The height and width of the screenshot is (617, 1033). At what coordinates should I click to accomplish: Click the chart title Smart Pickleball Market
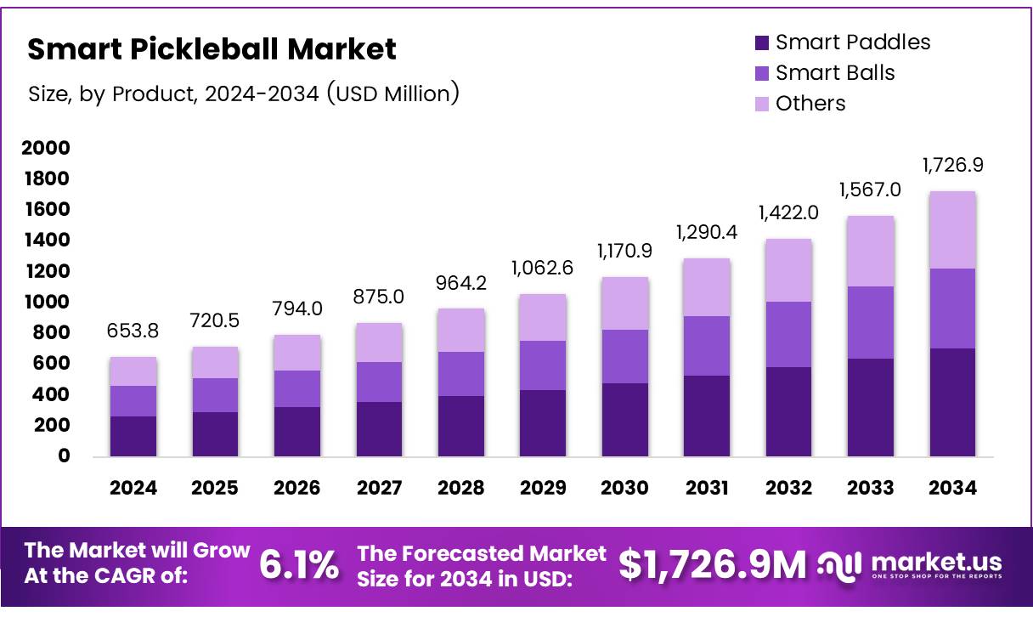click(212, 49)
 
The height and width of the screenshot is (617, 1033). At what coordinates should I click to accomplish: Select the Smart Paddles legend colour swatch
click(762, 42)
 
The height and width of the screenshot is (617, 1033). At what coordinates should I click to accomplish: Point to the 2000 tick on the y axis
click(46, 149)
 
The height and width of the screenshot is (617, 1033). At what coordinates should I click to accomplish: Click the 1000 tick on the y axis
click(46, 303)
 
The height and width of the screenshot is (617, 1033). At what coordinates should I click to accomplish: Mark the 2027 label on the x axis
click(379, 488)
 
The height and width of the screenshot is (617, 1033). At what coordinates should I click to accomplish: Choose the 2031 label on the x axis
click(707, 488)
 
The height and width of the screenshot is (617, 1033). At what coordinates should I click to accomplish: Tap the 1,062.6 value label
click(543, 269)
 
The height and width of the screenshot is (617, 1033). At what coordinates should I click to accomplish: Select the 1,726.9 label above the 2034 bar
click(953, 165)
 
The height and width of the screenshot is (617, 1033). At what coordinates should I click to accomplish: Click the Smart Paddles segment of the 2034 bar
click(952, 402)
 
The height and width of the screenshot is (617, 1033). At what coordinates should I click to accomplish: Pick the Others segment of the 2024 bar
click(133, 371)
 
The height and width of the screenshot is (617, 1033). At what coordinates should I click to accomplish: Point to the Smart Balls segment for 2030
click(624, 356)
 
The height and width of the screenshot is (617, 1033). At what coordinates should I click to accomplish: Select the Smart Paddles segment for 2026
click(297, 432)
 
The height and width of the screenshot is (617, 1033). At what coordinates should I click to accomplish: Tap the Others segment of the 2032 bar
click(788, 270)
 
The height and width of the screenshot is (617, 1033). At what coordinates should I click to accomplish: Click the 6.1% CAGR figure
click(298, 564)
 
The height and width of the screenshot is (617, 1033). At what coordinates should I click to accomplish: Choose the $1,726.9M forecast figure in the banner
click(712, 565)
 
